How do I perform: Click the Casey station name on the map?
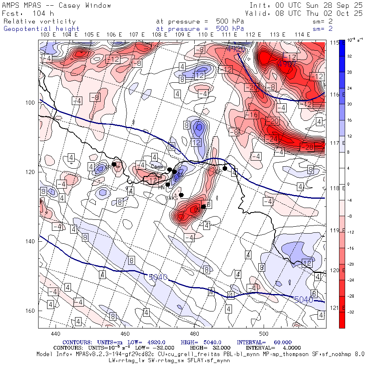click(157, 166)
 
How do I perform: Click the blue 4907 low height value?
click(286, 63)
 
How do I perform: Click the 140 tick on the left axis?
click(31, 241)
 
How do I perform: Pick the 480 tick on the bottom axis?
click(194, 334)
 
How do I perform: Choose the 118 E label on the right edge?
click(335, 188)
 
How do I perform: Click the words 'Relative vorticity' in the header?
click(40, 21)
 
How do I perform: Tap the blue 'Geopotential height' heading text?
click(42, 29)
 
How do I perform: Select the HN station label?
click(161, 187)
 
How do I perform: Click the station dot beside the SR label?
click(114, 164)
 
